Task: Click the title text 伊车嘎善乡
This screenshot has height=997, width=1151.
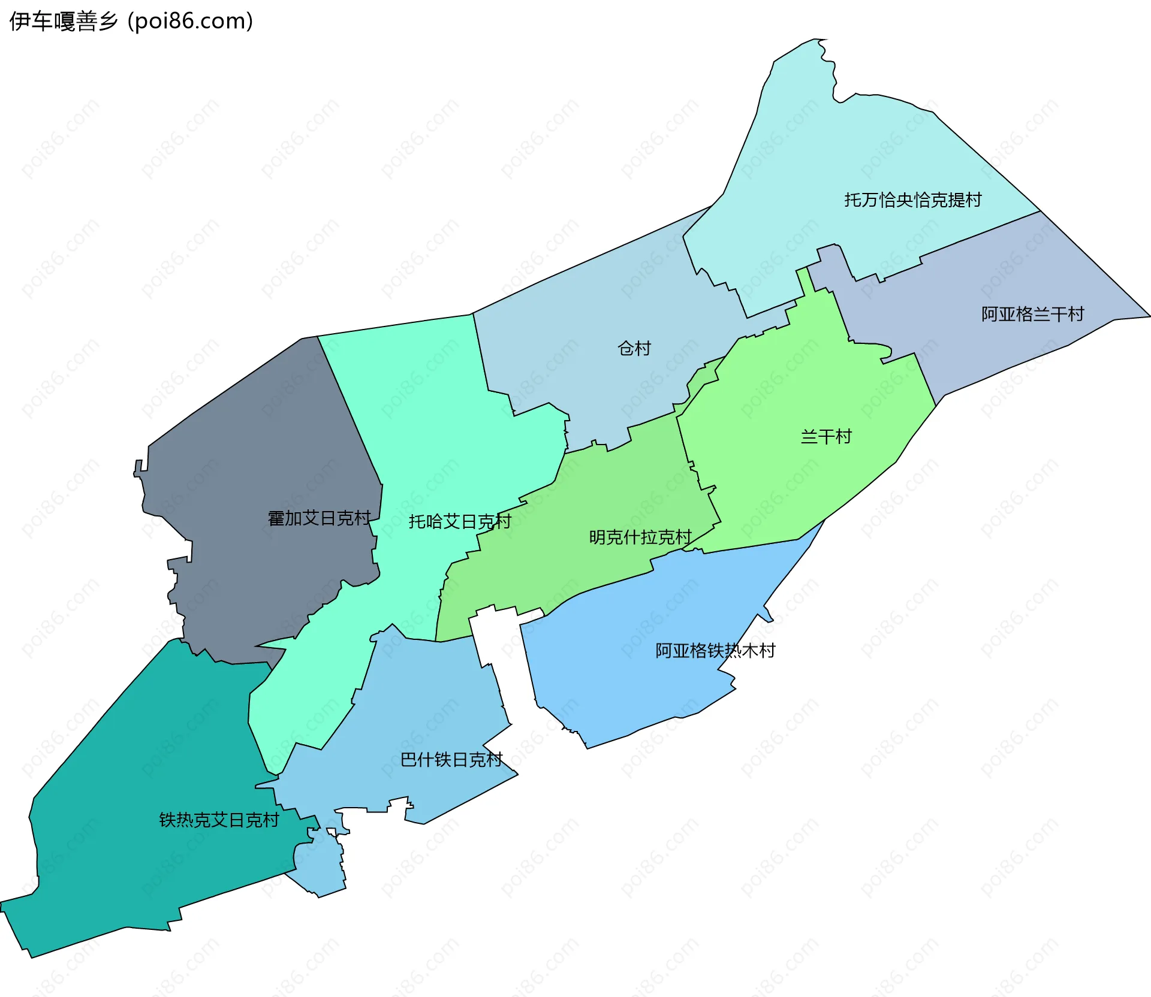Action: pyautogui.click(x=63, y=22)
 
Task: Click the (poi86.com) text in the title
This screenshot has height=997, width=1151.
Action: pyautogui.click(x=190, y=22)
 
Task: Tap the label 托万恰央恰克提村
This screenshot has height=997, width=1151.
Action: pyautogui.click(x=912, y=200)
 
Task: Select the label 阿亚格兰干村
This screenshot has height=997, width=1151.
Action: pyautogui.click(x=1032, y=314)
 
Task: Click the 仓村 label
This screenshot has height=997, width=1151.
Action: pyautogui.click(x=634, y=348)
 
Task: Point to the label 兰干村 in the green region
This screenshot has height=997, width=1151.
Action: pyautogui.click(x=826, y=436)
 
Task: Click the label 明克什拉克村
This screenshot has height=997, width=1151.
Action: pyautogui.click(x=640, y=537)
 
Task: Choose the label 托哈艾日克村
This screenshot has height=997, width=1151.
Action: pyautogui.click(x=460, y=521)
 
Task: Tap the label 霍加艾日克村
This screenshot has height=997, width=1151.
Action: pyautogui.click(x=319, y=518)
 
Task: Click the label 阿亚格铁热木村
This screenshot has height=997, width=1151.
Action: pyautogui.click(x=715, y=650)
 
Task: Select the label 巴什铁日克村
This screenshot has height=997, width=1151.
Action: pyautogui.click(x=451, y=759)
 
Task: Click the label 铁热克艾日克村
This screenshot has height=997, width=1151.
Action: pyautogui.click(x=219, y=820)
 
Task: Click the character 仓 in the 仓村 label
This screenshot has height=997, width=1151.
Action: pyautogui.click(x=626, y=348)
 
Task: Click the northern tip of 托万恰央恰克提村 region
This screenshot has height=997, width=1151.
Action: pyautogui.click(x=816, y=40)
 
